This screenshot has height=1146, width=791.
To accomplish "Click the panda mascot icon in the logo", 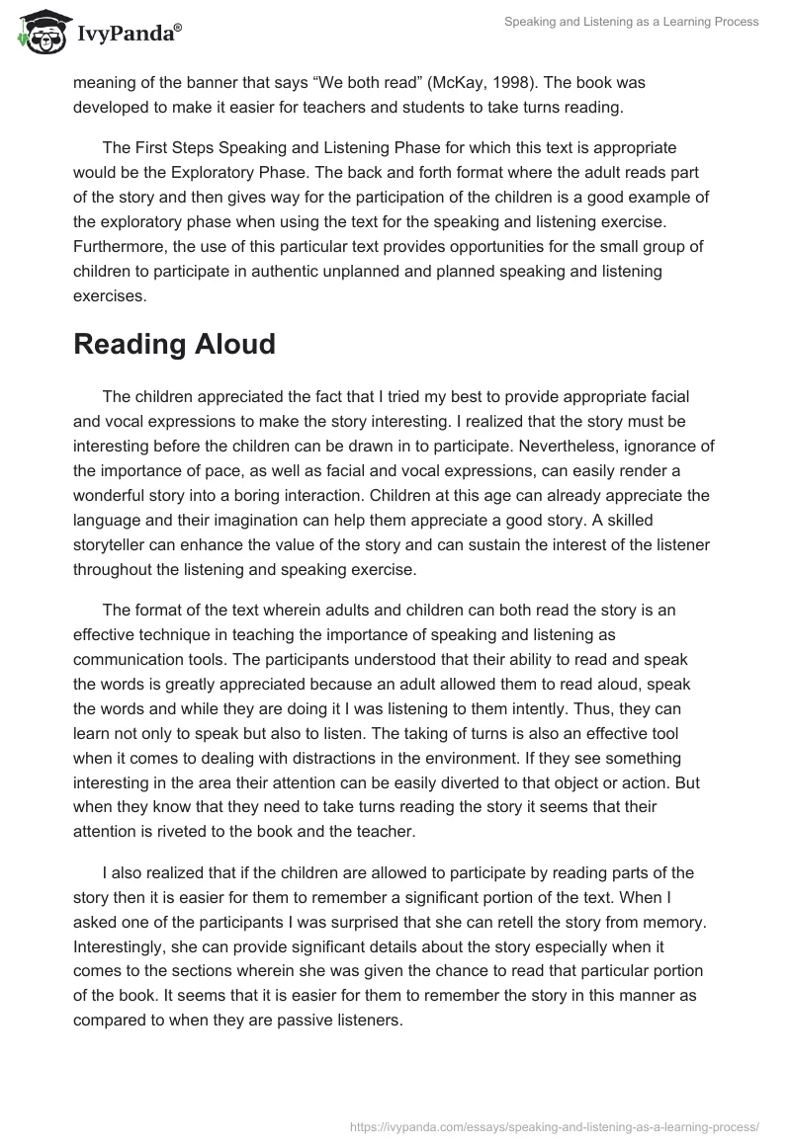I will tap(41, 33).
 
